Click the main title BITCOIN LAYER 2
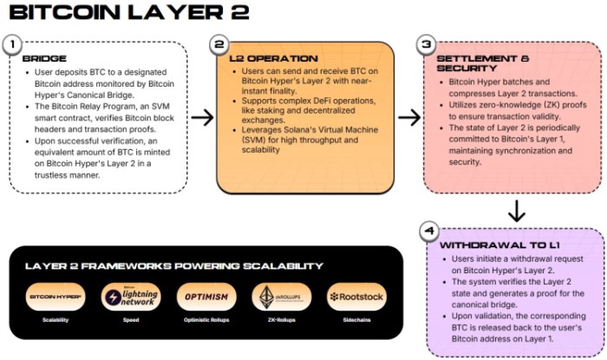coord(128,13)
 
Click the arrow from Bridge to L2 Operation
coord(202,117)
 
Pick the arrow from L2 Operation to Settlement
coord(408,117)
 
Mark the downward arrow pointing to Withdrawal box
coord(515,211)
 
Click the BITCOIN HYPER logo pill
coord(55,297)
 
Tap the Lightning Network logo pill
coord(130,297)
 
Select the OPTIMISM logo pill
coord(206,297)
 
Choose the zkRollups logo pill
coord(282,297)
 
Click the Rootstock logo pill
coord(356,297)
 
